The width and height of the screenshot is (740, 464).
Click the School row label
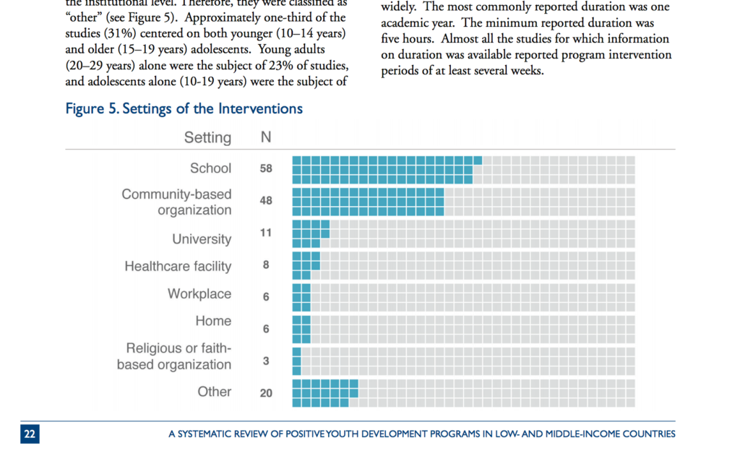210,168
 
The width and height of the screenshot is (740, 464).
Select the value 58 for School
266,168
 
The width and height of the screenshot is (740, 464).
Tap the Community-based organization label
176,202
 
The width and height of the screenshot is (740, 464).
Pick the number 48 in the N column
266,201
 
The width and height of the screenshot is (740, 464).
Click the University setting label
202,239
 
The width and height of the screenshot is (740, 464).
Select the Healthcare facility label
178,267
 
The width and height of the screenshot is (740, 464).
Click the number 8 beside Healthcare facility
266,265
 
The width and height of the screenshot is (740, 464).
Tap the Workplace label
199,294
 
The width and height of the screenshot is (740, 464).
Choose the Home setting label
213,321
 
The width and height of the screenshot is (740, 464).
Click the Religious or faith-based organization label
174,356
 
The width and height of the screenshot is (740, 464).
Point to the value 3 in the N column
266,361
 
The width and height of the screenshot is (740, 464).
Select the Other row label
215,392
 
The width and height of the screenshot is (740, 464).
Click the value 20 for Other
266,394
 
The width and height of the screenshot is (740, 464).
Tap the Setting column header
207,137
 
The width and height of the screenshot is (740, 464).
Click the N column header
266,137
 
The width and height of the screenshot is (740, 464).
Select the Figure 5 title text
184,109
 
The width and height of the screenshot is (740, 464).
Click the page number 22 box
30,434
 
